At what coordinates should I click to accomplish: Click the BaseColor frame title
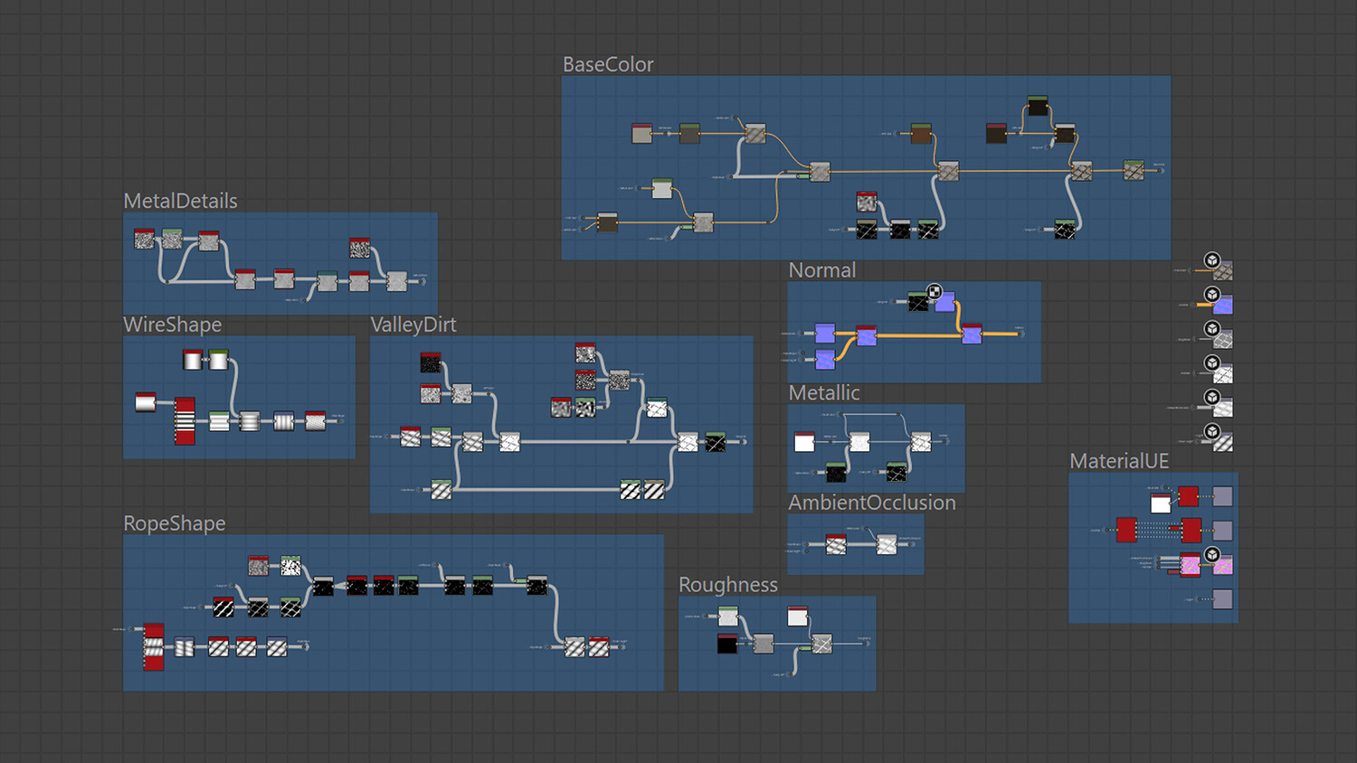click(x=607, y=65)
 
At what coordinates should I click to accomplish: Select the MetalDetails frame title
click(x=180, y=202)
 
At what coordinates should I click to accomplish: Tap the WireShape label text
click(x=172, y=325)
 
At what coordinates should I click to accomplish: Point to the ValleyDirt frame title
click(x=413, y=325)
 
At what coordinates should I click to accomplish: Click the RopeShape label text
click(x=174, y=524)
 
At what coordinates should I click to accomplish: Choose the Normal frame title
click(x=821, y=271)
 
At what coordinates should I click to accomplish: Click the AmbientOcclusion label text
click(x=871, y=504)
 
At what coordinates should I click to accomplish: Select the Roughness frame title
click(x=727, y=586)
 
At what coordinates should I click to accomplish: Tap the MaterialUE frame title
click(x=1119, y=462)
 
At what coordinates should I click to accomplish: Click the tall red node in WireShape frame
click(x=185, y=420)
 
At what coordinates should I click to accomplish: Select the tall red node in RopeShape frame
click(x=154, y=646)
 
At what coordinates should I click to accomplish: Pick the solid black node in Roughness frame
click(x=727, y=644)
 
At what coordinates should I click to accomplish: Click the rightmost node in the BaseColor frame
click(x=1134, y=169)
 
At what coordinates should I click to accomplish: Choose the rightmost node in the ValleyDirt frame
click(x=716, y=442)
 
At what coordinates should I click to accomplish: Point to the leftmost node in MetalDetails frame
click(x=144, y=240)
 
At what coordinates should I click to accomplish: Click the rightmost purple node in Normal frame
click(x=972, y=334)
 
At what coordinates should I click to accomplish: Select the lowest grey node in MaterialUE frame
click(x=1222, y=598)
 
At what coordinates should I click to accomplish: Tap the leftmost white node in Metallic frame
click(x=804, y=442)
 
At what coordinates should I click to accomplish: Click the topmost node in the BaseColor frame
click(x=1038, y=106)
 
